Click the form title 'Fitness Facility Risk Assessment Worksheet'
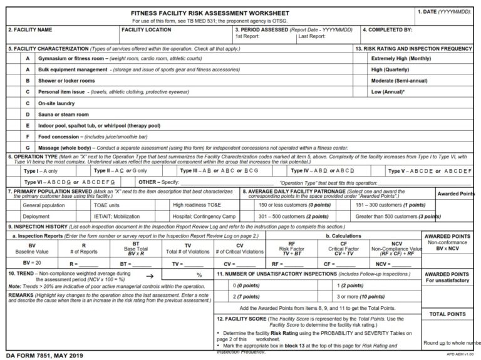tap(210, 13)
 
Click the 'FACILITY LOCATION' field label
tap(146, 30)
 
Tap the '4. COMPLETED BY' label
tap(387, 30)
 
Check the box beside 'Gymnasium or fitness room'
tap(13, 58)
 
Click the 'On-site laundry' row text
tap(57, 103)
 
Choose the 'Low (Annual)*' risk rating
tap(388, 92)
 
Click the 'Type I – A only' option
tap(40, 171)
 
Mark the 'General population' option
tap(43, 205)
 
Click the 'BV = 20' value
tap(31, 262)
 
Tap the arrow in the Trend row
tap(149, 275)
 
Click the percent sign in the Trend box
tap(199, 275)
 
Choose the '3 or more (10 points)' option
tap(360, 296)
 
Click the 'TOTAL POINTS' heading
tap(448, 314)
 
